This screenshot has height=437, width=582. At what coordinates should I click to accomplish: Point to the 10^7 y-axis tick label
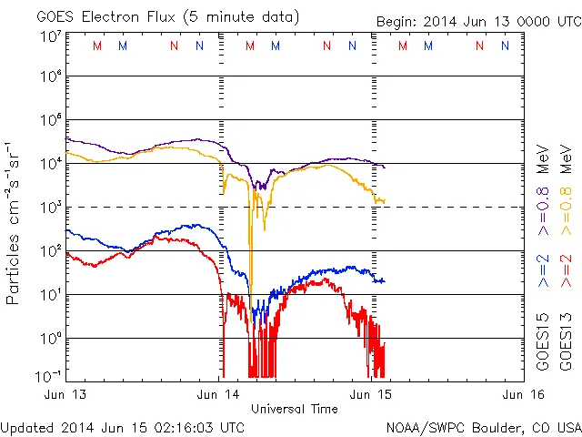click(50, 36)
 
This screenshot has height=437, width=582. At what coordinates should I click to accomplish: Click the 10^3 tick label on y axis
click(50, 207)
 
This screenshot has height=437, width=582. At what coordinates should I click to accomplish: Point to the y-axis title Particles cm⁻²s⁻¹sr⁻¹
click(15, 223)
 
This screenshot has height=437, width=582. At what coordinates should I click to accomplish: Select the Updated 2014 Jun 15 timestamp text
click(123, 427)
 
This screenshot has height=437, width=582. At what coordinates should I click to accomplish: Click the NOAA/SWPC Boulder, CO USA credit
click(483, 427)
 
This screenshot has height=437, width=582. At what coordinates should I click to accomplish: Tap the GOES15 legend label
click(543, 343)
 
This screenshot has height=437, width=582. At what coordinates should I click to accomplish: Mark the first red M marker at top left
click(97, 46)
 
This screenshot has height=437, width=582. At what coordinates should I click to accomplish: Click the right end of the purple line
click(385, 168)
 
